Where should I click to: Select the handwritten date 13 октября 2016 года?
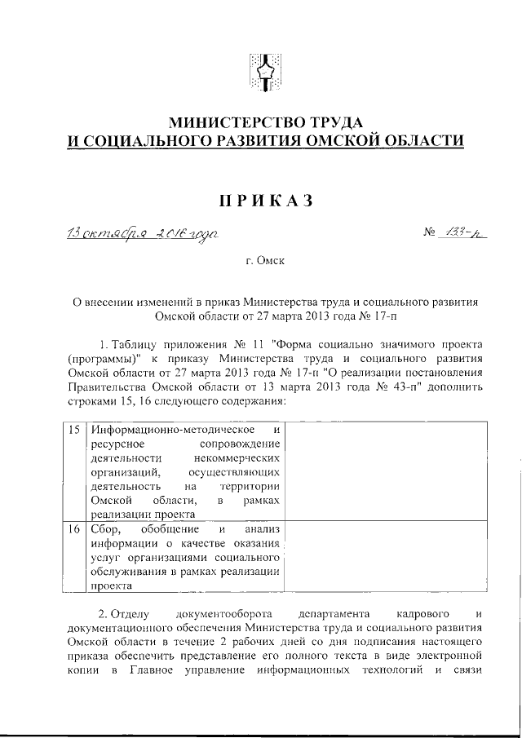142,233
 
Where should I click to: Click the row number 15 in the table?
73,429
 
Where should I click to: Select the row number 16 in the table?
73,528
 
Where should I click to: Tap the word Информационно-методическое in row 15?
175,429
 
